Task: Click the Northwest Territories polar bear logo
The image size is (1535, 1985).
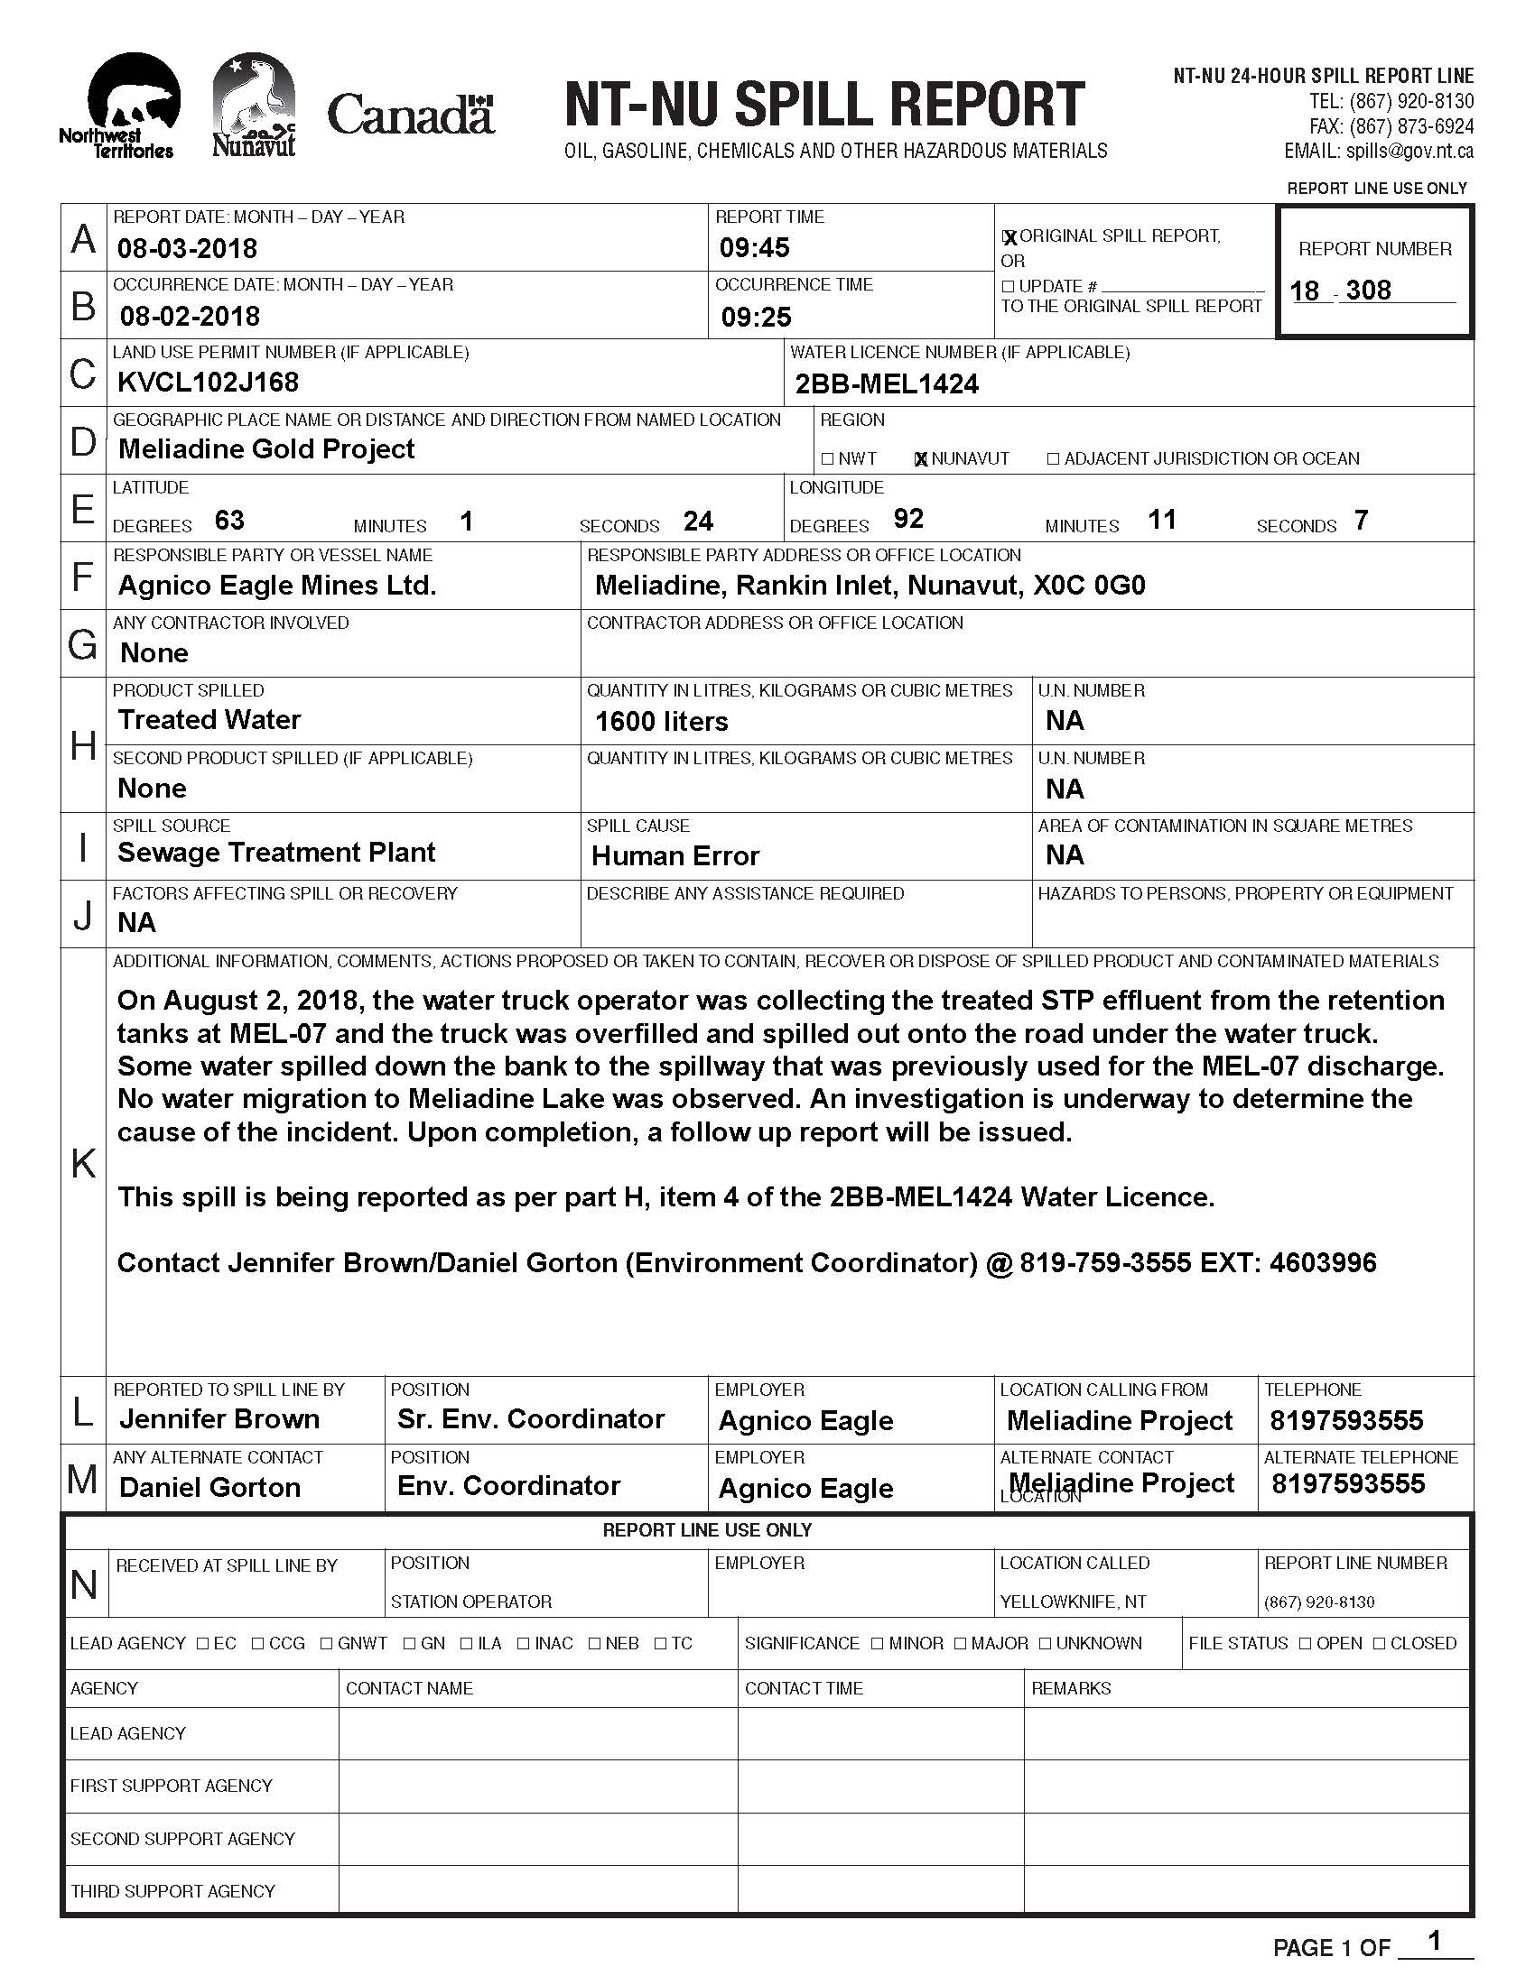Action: (126, 106)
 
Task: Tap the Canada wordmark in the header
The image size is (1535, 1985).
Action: (410, 115)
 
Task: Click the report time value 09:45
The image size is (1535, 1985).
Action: (754, 247)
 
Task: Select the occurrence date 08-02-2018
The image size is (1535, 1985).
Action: (189, 317)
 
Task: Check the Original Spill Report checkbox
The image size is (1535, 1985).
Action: (1009, 237)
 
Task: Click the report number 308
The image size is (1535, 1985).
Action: (1368, 291)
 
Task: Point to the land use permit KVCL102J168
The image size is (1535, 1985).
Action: (209, 383)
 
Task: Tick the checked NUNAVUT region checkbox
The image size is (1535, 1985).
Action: (920, 459)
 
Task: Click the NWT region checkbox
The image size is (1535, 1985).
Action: (826, 459)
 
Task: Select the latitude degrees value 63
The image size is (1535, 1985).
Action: (229, 520)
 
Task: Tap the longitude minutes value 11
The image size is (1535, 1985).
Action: (1162, 520)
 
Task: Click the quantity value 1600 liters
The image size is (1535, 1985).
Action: (661, 722)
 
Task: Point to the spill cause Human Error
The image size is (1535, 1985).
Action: (674, 856)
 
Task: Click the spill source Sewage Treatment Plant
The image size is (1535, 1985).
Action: (276, 853)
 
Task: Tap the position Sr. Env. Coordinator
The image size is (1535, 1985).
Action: (530, 1419)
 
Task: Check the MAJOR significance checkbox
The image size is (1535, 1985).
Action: (961, 1644)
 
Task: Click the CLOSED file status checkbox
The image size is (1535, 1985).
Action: (1379, 1644)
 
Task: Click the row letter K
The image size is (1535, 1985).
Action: (83, 1162)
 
